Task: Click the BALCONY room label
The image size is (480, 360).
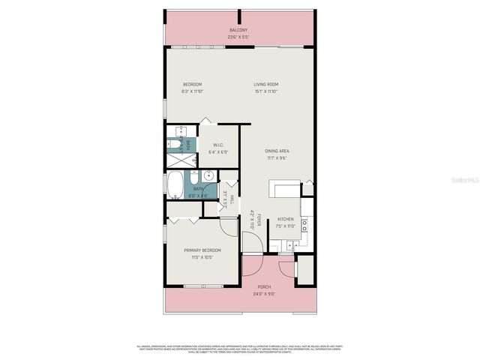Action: (238, 30)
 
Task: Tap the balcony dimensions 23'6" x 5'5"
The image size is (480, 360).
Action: (238, 36)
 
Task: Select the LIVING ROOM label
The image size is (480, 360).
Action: (265, 84)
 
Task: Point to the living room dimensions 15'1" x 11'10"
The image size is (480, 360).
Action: (265, 91)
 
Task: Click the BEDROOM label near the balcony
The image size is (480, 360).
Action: (193, 84)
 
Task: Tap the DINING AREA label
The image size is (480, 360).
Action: (277, 151)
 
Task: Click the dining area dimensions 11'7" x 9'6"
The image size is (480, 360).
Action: (277, 158)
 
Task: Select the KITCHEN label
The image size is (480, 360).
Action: (286, 219)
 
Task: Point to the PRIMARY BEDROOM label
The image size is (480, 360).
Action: (202, 250)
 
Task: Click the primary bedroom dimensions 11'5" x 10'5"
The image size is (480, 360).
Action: (202, 257)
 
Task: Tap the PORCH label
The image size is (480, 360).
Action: (264, 287)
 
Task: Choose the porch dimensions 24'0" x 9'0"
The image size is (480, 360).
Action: (264, 294)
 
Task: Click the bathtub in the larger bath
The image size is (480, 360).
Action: (175, 183)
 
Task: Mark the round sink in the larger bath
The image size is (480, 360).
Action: (208, 176)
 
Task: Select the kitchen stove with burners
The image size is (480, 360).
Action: (306, 223)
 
